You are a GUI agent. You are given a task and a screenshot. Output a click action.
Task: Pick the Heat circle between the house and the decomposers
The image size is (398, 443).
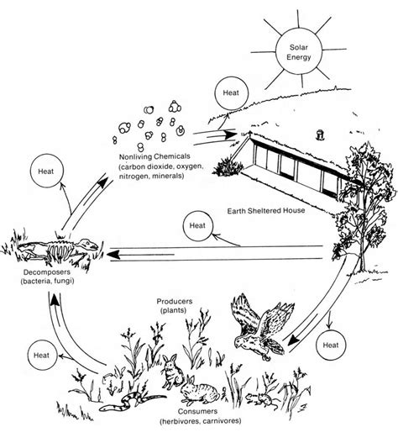pos(197,225)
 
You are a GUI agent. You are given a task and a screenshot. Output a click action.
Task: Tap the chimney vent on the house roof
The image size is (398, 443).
pos(320,135)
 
